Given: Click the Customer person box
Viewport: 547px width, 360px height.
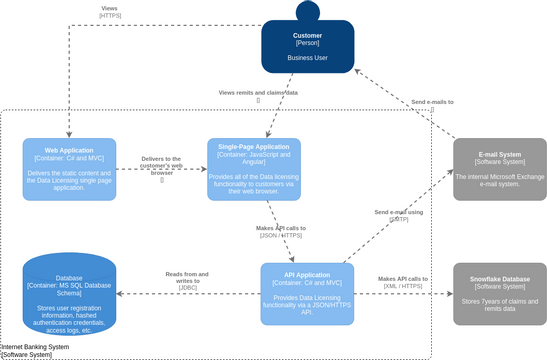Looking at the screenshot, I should pos(307,48).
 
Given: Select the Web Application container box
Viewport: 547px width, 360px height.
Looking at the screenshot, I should pos(69,168).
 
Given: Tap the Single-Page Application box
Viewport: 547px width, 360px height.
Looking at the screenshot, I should pos(253,168).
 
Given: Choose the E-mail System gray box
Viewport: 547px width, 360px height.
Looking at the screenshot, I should pos(500,169).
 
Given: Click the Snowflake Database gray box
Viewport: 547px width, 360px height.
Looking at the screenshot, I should pos(500,294).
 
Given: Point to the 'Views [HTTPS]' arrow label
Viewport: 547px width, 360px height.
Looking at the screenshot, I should pos(109,12).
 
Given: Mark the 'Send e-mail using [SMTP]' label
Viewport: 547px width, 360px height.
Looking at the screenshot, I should pos(399,215).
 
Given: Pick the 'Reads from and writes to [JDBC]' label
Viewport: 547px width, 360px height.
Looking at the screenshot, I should pos(187,280).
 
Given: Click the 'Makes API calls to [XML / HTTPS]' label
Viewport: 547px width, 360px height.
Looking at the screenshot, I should pos(403,283).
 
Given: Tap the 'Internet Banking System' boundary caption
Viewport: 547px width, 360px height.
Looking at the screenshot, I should pos(36,350).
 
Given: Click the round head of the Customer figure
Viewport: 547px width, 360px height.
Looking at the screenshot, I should pos(307,12).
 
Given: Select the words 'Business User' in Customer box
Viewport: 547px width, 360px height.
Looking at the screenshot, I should pos(307,58).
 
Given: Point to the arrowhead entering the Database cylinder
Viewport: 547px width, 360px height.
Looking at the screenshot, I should pos(121,294).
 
